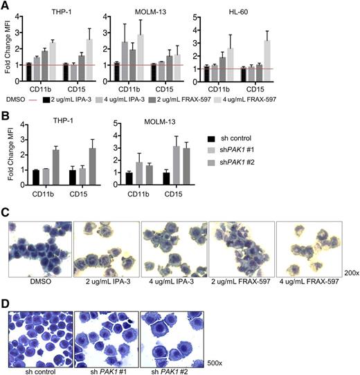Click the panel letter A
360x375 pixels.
pos(6,6)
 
